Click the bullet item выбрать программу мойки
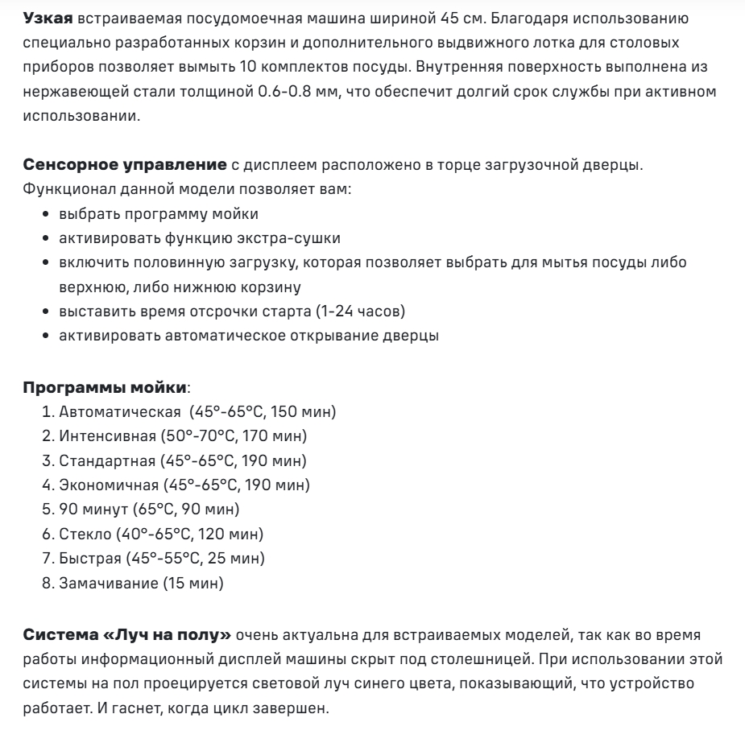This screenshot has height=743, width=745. (x=159, y=215)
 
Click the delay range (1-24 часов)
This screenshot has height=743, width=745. (x=357, y=312)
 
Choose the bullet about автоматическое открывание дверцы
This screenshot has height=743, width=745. (x=249, y=336)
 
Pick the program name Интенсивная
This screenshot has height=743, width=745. (x=108, y=436)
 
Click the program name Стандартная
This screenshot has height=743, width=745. (x=107, y=460)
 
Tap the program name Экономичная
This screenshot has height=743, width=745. (x=109, y=485)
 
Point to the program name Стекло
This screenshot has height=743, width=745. (x=81, y=533)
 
